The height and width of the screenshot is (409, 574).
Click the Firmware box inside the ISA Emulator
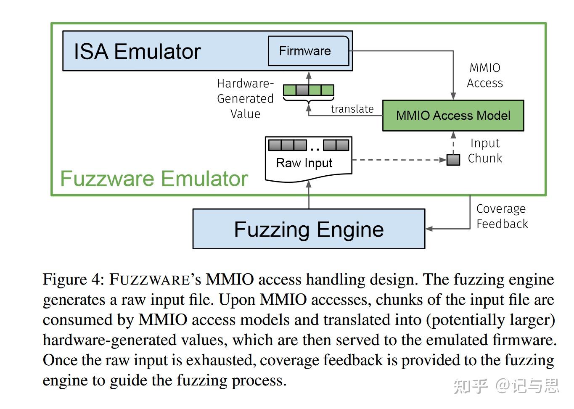click(x=308, y=51)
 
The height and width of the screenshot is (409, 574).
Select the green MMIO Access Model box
click(x=453, y=116)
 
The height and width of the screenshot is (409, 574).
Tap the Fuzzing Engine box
click(x=309, y=230)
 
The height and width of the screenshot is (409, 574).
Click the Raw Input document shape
click(x=308, y=160)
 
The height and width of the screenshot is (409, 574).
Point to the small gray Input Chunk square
click(x=453, y=160)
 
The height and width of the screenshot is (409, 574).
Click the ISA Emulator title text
click(x=137, y=52)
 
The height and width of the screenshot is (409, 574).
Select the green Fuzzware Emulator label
click(x=154, y=179)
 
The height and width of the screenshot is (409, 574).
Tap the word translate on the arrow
click(x=352, y=109)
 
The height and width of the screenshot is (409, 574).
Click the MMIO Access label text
click(x=485, y=76)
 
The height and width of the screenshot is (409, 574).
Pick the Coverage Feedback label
click(x=502, y=216)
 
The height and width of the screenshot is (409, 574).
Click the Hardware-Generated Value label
click(x=245, y=99)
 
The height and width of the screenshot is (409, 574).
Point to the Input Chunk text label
click(x=485, y=151)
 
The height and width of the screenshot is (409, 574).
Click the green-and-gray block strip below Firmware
click(x=308, y=90)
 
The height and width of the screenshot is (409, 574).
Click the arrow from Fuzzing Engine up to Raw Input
click(x=309, y=195)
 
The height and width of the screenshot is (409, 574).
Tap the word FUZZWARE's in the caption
click(x=155, y=280)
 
